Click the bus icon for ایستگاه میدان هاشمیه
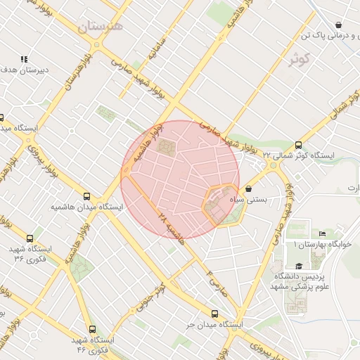[86, 197]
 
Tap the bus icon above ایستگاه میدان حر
[214, 314]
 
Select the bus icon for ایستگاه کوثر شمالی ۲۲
[300, 143]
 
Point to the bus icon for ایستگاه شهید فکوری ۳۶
[30, 239]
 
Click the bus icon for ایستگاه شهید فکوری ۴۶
[92, 329]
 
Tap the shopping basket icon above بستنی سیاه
[250, 188]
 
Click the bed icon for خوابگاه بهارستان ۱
[323, 233]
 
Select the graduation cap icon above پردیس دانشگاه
[300, 266]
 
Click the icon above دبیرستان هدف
[24, 60]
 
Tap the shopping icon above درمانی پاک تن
[338, 24]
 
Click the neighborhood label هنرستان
[101, 27]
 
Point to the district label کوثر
[299, 58]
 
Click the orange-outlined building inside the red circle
[221, 204]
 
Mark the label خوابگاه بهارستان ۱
[321, 245]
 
